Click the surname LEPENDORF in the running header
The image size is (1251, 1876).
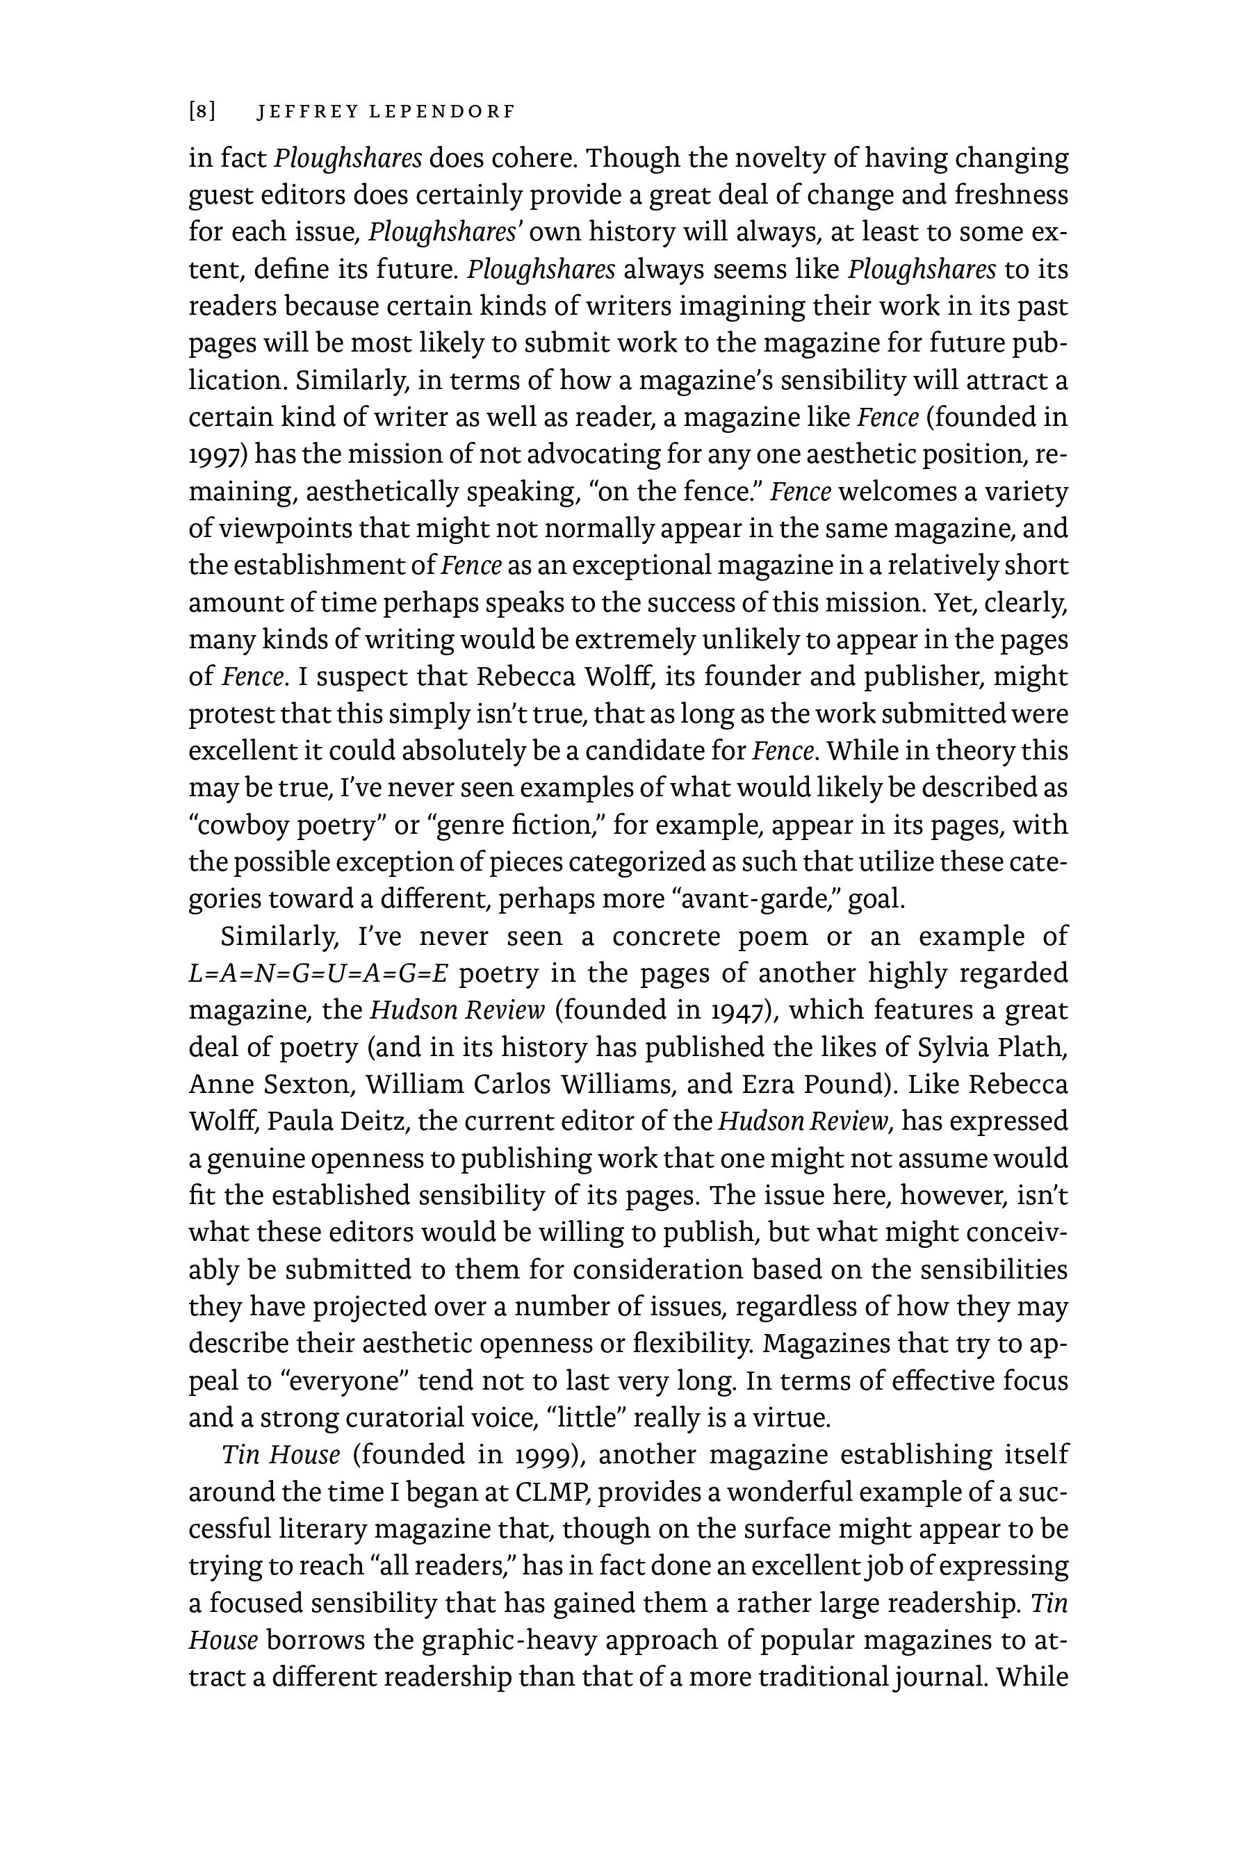tap(442, 112)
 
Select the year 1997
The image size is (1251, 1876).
tap(215, 454)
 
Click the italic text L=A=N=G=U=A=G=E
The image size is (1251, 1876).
tap(319, 974)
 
